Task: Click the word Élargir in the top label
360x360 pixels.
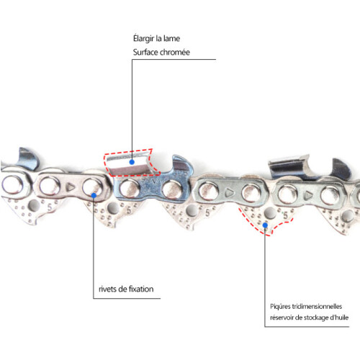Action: [x=143, y=39]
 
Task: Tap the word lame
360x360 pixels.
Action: [x=171, y=38]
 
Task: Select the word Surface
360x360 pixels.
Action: [x=145, y=53]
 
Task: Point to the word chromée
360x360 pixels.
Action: [x=175, y=53]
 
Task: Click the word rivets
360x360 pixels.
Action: [x=108, y=289]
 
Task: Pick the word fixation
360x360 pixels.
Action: [x=141, y=289]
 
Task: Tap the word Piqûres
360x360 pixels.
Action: [x=280, y=307]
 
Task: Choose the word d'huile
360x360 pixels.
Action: [x=340, y=318]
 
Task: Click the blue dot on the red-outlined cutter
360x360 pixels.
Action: [x=132, y=162]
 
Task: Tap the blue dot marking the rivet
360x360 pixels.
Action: [x=94, y=196]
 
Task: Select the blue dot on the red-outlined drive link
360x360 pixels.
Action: [x=265, y=225]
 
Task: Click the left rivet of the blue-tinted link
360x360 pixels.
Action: [x=130, y=188]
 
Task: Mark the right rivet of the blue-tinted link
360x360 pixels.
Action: [x=172, y=189]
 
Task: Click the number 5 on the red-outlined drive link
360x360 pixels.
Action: [x=286, y=215]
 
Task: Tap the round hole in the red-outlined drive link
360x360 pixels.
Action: [x=270, y=213]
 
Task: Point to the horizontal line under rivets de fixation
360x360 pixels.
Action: [x=127, y=298]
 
